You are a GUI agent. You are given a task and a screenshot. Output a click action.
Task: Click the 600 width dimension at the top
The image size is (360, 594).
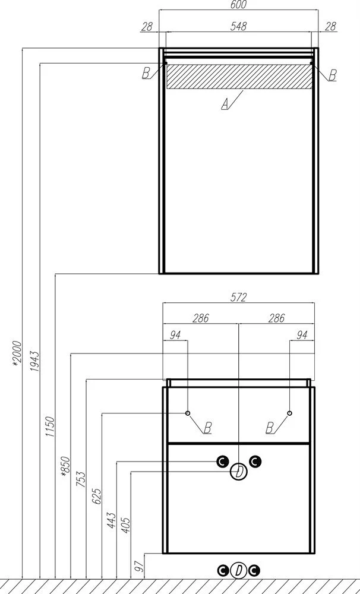[x=238, y=5]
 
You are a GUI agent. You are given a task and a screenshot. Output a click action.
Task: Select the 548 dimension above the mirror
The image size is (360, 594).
[x=238, y=26]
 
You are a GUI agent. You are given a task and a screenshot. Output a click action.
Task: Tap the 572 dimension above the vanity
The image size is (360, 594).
[x=238, y=298]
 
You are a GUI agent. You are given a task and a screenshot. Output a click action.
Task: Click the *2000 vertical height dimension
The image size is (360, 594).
[x=17, y=354]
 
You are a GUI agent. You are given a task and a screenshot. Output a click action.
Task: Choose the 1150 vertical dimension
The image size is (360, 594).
[x=50, y=426]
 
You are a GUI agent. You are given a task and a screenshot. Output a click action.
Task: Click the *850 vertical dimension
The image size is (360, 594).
[x=65, y=466]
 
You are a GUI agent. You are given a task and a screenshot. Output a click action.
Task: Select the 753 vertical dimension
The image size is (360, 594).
[x=81, y=479]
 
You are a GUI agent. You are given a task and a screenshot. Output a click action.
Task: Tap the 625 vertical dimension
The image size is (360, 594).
[x=97, y=496]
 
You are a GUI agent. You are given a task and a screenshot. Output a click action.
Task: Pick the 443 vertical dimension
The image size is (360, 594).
[x=111, y=521]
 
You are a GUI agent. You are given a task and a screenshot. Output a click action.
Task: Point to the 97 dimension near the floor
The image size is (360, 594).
[x=140, y=566]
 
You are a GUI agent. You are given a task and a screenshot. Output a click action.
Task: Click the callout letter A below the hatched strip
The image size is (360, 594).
[x=225, y=104]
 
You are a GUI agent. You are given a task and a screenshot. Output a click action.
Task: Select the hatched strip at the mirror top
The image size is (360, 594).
[x=240, y=76]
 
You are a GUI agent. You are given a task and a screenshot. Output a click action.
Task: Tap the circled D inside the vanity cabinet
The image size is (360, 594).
[x=239, y=472]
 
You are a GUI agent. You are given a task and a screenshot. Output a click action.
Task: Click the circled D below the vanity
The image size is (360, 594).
[x=239, y=570]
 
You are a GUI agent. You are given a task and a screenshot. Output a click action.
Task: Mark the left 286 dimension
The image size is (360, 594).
[x=200, y=318]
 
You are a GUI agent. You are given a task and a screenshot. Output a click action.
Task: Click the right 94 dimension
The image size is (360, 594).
[x=302, y=335]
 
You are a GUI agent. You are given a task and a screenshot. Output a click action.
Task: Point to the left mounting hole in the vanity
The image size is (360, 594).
[x=188, y=413]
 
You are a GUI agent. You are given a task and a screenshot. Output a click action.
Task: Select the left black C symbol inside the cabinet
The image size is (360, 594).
[x=222, y=462]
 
